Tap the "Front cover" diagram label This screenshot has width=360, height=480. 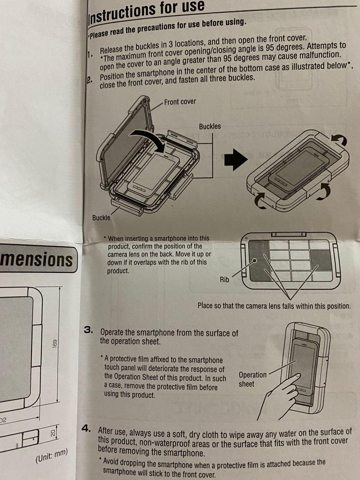coord(180,102)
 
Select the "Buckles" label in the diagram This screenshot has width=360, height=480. coord(209,126)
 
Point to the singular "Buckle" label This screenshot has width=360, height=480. coord(101,218)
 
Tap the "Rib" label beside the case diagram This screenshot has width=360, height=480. coord(224,280)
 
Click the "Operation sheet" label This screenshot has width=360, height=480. coord(252,379)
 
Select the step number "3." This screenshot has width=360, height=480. coord(89,331)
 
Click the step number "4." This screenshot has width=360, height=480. coord(87,429)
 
